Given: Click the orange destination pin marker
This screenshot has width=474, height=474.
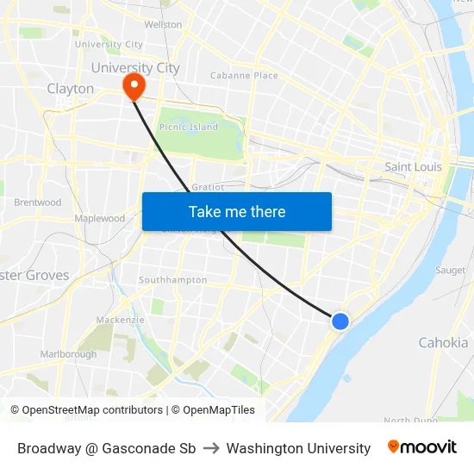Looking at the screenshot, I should (x=134, y=85).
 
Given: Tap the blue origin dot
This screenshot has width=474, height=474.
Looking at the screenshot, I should (x=340, y=321).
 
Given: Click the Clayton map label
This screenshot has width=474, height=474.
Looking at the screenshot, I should (x=71, y=89).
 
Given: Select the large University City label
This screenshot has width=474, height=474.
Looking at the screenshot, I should (x=134, y=67).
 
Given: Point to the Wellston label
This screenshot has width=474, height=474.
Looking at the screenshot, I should (x=163, y=24).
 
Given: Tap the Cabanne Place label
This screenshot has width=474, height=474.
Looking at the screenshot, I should (x=244, y=76).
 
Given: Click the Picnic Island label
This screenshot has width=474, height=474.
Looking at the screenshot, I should (x=189, y=127).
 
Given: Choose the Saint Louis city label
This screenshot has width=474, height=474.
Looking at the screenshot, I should (x=413, y=166).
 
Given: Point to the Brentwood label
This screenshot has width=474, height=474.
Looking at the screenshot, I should (x=38, y=203).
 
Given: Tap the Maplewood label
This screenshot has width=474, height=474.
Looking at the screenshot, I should (x=100, y=219).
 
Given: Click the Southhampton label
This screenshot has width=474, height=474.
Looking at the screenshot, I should (x=172, y=280).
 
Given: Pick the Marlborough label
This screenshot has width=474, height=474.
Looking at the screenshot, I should (x=68, y=354).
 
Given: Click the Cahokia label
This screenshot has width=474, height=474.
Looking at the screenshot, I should (x=443, y=342).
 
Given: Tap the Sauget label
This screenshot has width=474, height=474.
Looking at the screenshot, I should (x=451, y=270).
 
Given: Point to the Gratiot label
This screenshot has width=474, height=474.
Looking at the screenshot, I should (x=208, y=186).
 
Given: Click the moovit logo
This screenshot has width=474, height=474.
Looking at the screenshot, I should (x=421, y=447).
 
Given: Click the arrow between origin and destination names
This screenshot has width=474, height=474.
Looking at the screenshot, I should (x=211, y=448).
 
